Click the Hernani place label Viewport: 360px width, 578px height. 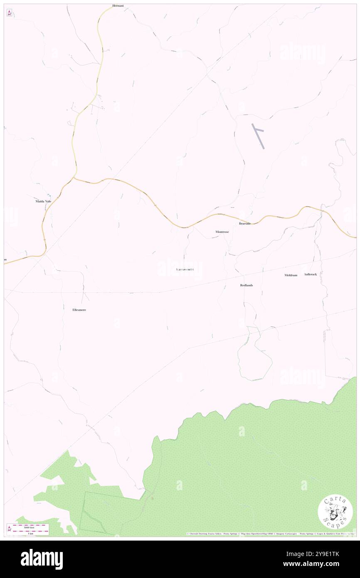(x=118, y=6)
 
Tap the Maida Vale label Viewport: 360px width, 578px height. (x=43, y=201)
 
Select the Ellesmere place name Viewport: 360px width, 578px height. (x=79, y=310)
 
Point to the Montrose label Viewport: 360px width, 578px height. (x=222, y=232)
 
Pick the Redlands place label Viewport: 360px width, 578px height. (x=246, y=285)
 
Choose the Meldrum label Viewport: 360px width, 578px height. (x=291, y=275)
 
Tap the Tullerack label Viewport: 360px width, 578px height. (x=311, y=274)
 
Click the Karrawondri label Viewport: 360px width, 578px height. (x=184, y=270)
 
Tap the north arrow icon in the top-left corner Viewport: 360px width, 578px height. (x=9, y=13)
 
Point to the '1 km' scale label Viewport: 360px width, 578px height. (x=30, y=533)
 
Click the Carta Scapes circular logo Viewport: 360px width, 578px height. (x=335, y=512)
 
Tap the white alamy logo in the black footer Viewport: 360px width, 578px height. (x=42, y=559)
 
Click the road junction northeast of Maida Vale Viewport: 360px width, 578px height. (x=74, y=178)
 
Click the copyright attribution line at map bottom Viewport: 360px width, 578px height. (x=270, y=534)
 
